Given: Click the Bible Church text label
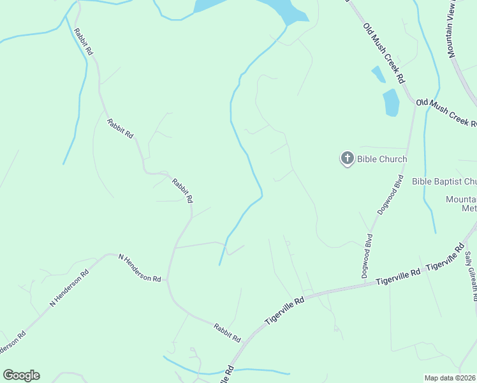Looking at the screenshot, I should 381,159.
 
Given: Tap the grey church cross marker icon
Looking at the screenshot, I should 347,158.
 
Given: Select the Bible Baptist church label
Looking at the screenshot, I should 444,182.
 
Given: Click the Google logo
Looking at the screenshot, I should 21,375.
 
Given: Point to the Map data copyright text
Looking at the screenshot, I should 450,378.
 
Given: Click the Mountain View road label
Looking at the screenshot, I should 462,29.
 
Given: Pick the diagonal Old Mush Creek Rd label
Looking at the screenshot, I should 385,54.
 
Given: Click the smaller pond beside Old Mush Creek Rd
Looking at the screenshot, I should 378,75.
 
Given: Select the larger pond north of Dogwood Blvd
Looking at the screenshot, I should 391,102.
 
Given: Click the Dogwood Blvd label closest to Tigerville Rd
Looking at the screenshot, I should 367,255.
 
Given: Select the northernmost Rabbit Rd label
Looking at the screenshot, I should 84,41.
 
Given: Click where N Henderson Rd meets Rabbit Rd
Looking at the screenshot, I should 167,280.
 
